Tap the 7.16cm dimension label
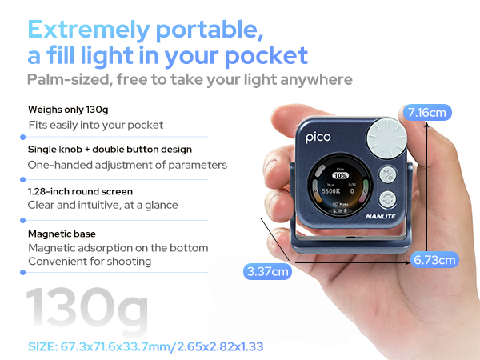tap(427, 112)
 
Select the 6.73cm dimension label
tap(435, 259)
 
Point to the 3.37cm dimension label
tap(267, 272)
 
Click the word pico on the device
tap(318, 137)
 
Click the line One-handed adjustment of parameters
tap(127, 165)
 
